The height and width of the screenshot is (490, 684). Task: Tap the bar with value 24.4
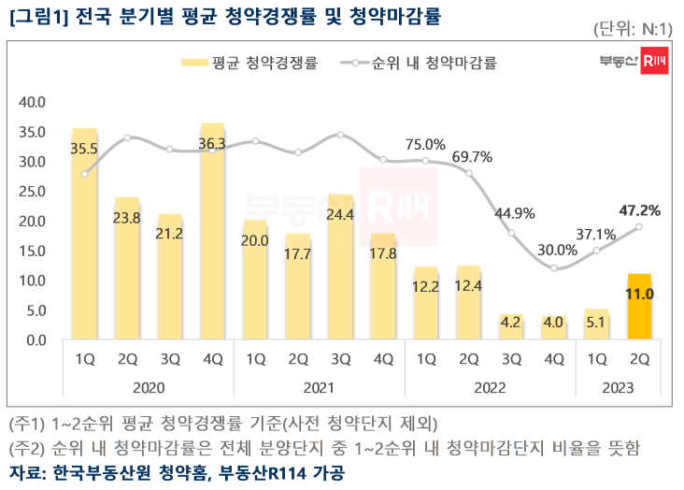coord(340,271)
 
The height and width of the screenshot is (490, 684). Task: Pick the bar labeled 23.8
coord(127,271)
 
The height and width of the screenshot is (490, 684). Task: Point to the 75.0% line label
coord(425,144)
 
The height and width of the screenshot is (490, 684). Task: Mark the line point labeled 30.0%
coord(555,268)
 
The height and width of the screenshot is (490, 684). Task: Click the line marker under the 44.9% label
coord(511,232)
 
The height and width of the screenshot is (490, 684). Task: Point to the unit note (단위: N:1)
coord(634,30)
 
